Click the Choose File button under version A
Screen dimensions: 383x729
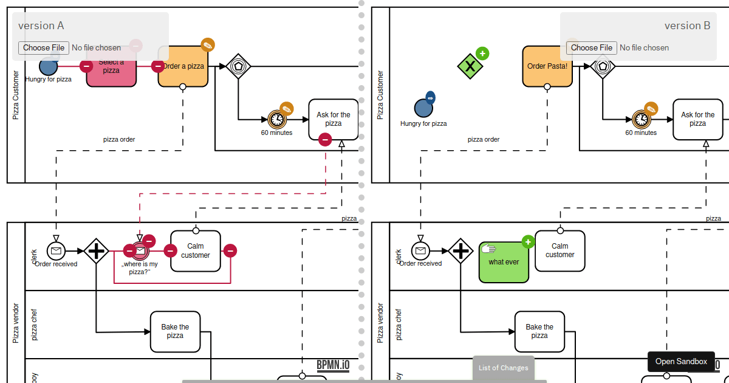tap(44, 47)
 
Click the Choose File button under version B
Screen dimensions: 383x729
tap(591, 47)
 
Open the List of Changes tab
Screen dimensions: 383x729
tap(503, 367)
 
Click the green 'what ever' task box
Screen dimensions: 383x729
tap(504, 262)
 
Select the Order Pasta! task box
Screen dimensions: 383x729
tap(547, 66)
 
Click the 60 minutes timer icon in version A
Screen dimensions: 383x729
tap(276, 119)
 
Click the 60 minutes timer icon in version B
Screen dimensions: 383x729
tap(641, 119)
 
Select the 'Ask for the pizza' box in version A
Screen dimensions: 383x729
tap(333, 119)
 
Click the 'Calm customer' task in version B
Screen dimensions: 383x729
tap(560, 250)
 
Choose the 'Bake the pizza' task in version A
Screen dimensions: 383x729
tap(175, 331)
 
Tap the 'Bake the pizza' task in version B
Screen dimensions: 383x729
tap(539, 331)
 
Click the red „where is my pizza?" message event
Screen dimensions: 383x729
tap(140, 250)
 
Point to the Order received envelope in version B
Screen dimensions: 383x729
tap(420, 250)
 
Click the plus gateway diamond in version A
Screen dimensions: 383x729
tap(96, 250)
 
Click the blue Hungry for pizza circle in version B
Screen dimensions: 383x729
tap(423, 108)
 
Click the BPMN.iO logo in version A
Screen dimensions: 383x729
tap(333, 365)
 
